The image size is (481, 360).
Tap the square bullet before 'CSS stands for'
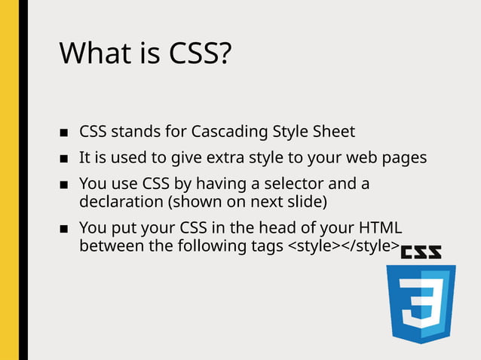click(64, 133)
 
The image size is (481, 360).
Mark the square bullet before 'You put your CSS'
click(64, 230)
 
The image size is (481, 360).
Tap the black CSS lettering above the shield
click(421, 254)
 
